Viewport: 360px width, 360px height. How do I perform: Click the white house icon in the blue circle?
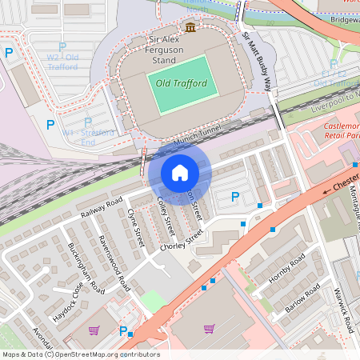pyautogui.click(x=180, y=172)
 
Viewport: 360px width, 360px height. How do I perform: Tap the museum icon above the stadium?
pyautogui.click(x=190, y=28)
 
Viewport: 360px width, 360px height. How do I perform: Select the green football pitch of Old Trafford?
pyautogui.click(x=181, y=83)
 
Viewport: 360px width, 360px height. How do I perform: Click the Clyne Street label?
pyautogui.click(x=134, y=226)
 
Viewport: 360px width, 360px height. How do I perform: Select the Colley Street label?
pyautogui.click(x=166, y=215)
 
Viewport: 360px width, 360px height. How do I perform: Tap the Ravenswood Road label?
pyautogui.click(x=113, y=262)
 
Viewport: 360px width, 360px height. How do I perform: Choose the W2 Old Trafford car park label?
pyautogui.click(x=62, y=62)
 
